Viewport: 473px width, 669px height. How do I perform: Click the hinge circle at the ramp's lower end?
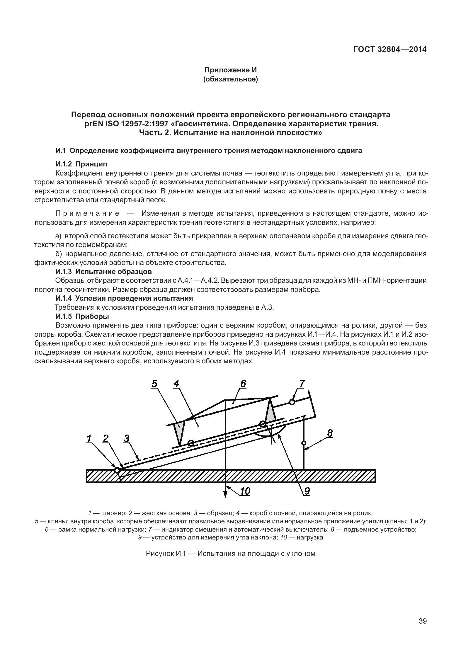point(117,470)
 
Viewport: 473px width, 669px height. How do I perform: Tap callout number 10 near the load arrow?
point(245,491)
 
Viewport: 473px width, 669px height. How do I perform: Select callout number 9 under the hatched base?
point(307,491)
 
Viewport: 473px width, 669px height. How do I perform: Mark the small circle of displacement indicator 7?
point(292,402)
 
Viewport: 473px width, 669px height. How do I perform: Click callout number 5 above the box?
point(154,384)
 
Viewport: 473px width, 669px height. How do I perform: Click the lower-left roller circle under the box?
point(191,443)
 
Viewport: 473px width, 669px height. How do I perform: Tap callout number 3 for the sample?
point(126,438)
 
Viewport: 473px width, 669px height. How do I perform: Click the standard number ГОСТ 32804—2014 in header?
point(390,49)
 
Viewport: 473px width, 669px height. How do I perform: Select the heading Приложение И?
point(230,70)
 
